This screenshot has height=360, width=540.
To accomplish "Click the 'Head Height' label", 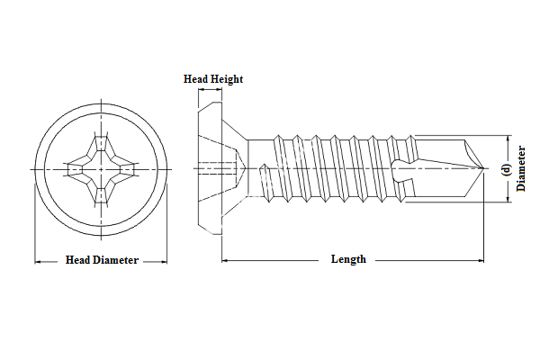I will [213, 79].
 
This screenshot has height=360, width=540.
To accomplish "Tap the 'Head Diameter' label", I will [102, 260].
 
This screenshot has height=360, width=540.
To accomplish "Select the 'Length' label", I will [348, 259].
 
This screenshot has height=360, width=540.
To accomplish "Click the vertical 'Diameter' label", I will [522, 168].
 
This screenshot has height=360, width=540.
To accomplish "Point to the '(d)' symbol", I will [506, 168].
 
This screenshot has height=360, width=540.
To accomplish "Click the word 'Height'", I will [227, 79].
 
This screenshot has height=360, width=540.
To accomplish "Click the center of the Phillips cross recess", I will [101, 168].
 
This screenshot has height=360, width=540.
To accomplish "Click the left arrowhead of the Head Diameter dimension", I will [38, 262].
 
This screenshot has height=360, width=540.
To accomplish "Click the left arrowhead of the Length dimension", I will [225, 260].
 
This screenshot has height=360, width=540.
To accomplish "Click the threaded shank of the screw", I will [333, 167].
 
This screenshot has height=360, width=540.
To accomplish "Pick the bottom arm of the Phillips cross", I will [101, 193].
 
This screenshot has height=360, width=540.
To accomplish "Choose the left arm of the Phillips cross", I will [76, 168].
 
